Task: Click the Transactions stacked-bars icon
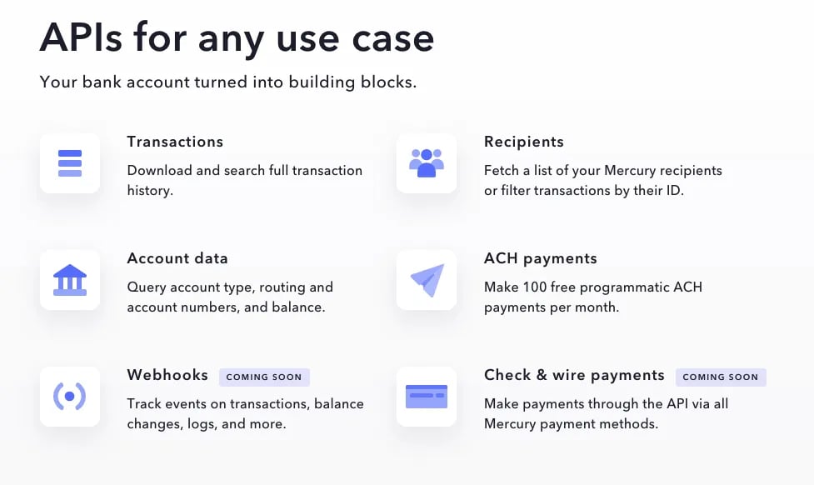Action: tap(70, 163)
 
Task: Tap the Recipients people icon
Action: tap(427, 163)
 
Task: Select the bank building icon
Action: tap(70, 280)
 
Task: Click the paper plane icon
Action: tap(427, 280)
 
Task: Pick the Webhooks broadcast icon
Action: tap(69, 397)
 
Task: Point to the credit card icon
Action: tap(427, 397)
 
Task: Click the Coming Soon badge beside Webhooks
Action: tap(264, 377)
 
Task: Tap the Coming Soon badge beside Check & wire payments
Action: tap(721, 377)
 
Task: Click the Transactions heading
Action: tap(175, 142)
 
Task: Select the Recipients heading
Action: tap(524, 142)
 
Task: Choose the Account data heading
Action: tap(177, 258)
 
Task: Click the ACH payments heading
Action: tap(541, 258)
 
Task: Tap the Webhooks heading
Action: tap(167, 375)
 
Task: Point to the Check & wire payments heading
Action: tap(574, 375)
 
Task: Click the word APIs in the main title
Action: tap(81, 37)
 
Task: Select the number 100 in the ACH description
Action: tap(535, 287)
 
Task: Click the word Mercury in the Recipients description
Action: tap(629, 171)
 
